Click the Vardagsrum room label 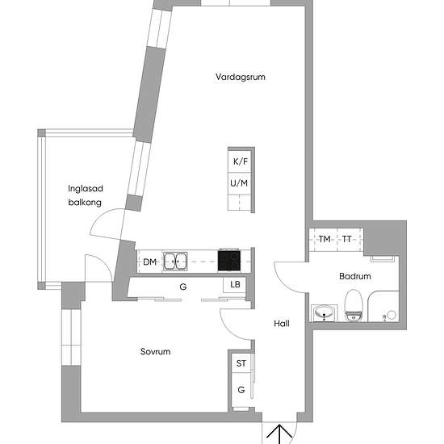tap(241, 77)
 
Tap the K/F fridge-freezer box tap(241, 161)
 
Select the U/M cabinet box tap(241, 184)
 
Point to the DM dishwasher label tap(149, 262)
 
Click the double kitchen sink tap(175, 261)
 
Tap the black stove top tap(229, 261)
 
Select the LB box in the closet tap(235, 284)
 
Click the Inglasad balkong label tap(85, 196)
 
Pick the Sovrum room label tap(155, 352)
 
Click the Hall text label tap(282, 324)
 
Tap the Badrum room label tap(355, 276)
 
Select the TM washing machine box tap(324, 240)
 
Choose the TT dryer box tap(347, 240)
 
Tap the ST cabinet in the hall tap(241, 364)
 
